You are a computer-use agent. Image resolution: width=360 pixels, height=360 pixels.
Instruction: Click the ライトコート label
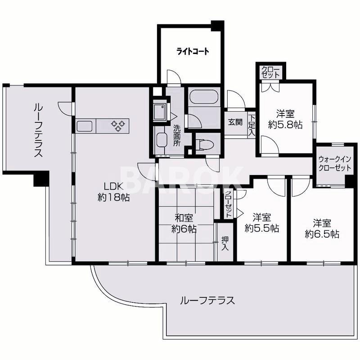click(x=192, y=51)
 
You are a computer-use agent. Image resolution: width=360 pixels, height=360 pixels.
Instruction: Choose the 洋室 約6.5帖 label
click(x=322, y=229)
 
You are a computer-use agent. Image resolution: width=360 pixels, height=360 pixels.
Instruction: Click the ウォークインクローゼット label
click(x=334, y=163)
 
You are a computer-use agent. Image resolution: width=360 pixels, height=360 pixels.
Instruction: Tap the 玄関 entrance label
click(x=235, y=121)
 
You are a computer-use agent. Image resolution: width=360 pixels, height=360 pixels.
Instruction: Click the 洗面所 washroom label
click(x=177, y=134)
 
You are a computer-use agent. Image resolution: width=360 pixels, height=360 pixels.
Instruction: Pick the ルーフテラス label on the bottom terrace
click(x=207, y=301)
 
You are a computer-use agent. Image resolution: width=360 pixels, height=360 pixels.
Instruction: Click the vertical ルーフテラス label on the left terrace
click(x=37, y=130)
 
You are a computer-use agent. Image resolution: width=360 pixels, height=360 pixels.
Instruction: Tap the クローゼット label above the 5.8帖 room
click(x=270, y=72)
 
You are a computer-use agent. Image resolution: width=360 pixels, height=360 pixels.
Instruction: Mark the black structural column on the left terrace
click(x=40, y=180)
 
